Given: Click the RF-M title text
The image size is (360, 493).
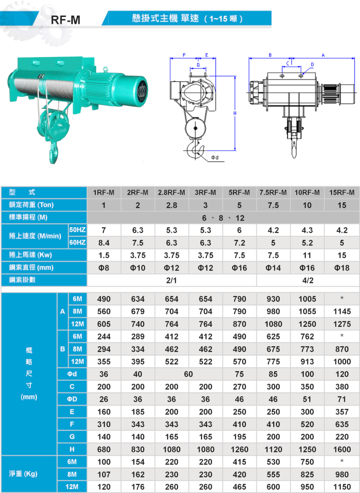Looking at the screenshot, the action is click(66, 20).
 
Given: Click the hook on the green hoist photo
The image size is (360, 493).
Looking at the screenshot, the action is click(54, 152).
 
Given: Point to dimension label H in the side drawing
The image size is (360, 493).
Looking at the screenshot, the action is click(235, 113).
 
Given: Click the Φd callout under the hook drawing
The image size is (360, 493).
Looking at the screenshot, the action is click(214, 157).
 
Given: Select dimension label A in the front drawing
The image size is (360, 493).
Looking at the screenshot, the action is click(323, 55).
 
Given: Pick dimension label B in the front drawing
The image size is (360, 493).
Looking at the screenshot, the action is click(270, 55).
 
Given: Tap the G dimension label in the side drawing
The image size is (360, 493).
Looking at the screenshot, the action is click(198, 65).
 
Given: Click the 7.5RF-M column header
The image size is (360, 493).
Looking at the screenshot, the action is click(273, 193).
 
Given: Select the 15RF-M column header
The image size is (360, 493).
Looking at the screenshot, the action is click(342, 193).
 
